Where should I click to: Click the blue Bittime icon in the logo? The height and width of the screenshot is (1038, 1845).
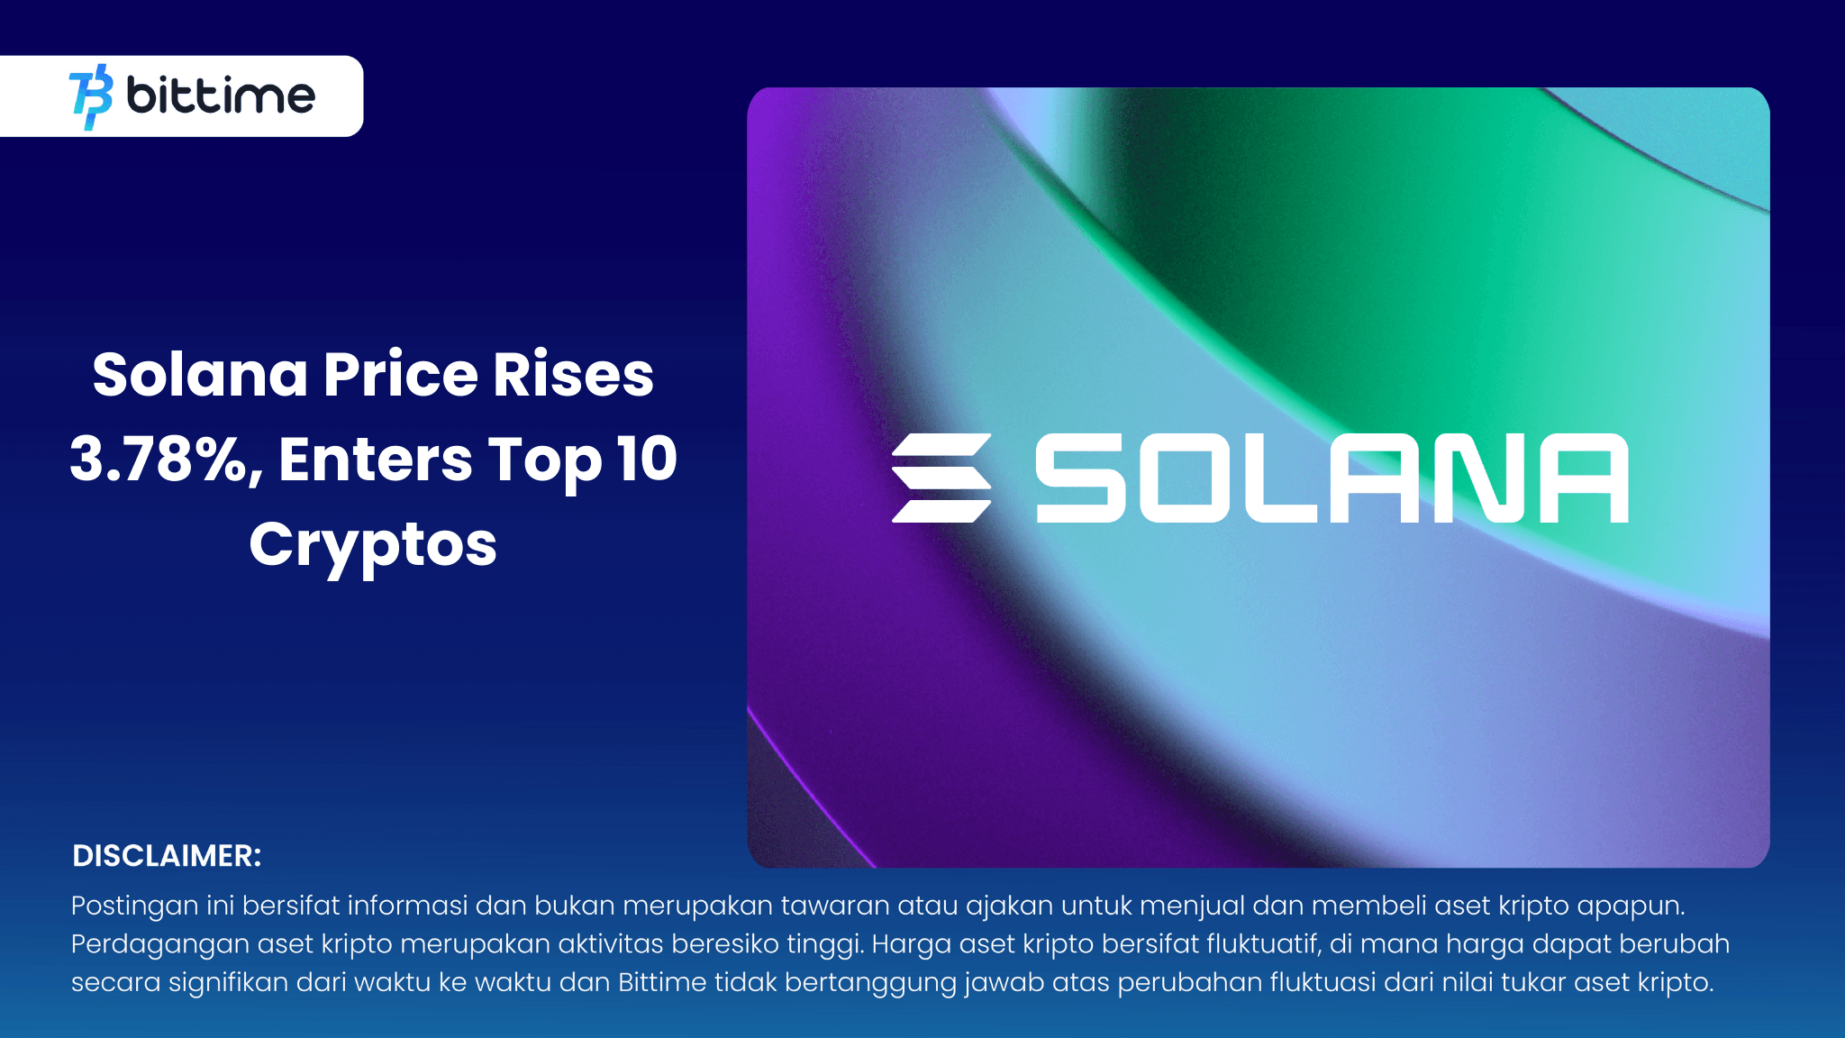click(x=91, y=96)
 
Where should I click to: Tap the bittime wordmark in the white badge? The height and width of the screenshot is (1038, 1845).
click(x=221, y=96)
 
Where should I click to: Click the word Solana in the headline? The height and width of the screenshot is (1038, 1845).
click(x=200, y=375)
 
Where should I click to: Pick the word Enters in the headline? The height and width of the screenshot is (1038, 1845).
click(x=375, y=460)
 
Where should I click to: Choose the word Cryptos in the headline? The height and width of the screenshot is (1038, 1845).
click(x=373, y=545)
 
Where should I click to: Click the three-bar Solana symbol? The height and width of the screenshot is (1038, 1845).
click(x=941, y=478)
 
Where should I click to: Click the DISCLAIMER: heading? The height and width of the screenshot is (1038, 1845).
click(x=167, y=856)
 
